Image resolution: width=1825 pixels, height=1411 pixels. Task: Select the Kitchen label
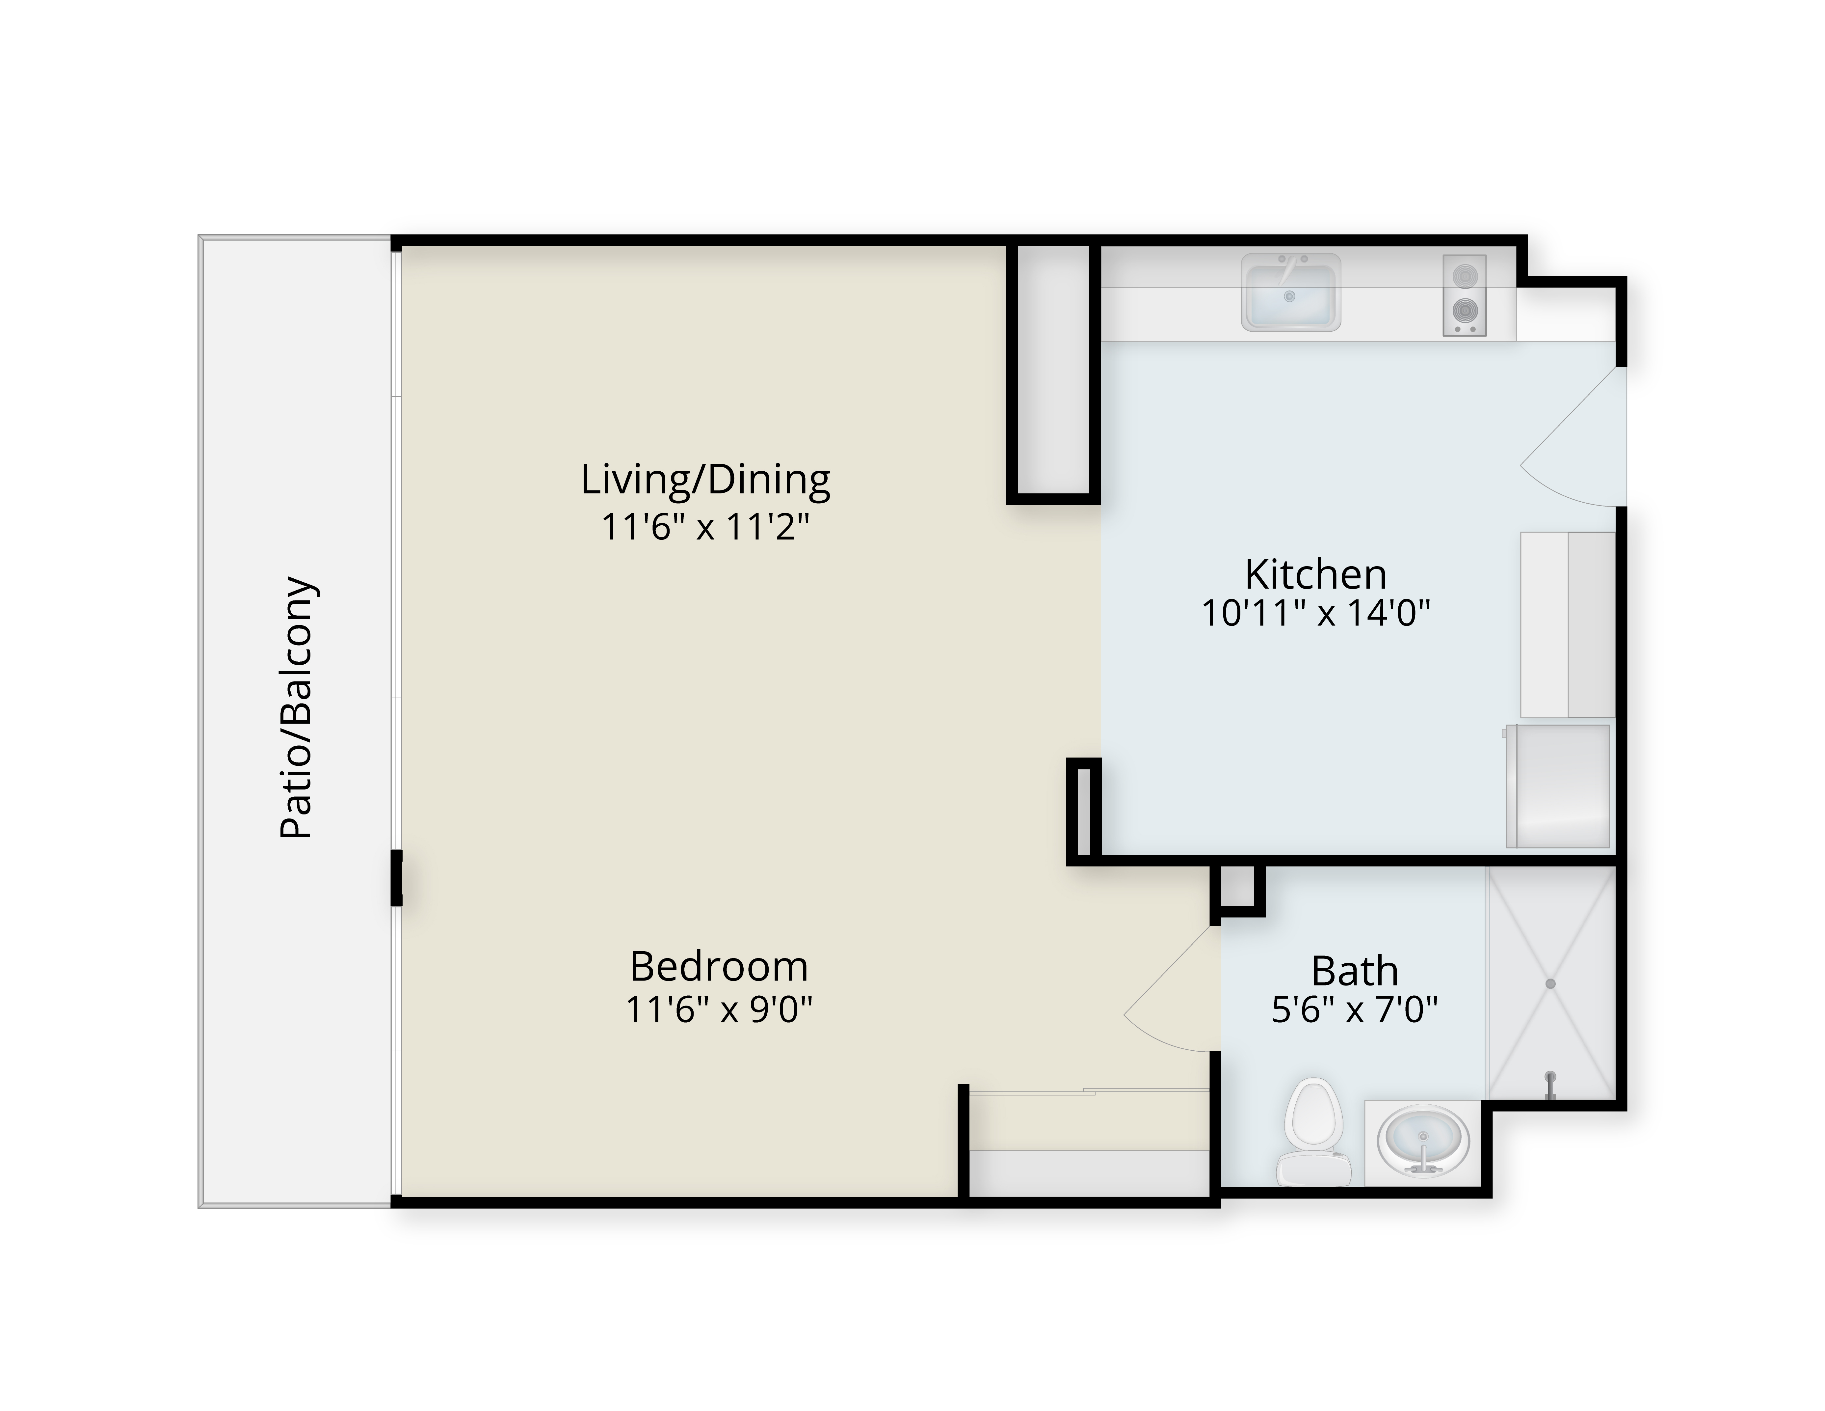1315,574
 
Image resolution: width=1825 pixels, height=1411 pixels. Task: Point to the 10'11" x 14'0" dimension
1315,614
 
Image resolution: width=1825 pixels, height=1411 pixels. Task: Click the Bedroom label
719,967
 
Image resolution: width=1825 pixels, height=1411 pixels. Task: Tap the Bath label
1355,971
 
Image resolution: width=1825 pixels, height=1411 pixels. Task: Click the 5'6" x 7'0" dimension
1355,1011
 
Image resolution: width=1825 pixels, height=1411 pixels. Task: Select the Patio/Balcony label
298,707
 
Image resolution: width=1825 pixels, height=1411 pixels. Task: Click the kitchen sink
1290,292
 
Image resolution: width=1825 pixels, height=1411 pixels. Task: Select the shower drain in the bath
1550,984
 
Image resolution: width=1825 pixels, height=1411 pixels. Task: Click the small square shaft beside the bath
1237,887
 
